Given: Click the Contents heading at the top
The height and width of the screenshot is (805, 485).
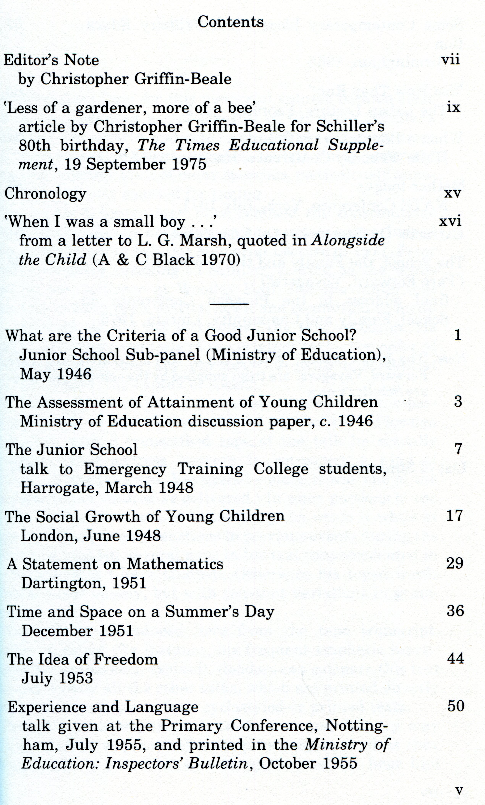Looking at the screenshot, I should pos(230,22).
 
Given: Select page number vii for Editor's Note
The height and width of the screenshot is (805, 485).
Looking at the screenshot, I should pos(450,60).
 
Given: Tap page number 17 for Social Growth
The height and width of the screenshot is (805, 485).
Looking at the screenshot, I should pos(454,516).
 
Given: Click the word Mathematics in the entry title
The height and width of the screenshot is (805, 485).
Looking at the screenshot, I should pos(175,564).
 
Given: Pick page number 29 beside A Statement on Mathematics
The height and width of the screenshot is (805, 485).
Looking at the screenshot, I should pos(455,564).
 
